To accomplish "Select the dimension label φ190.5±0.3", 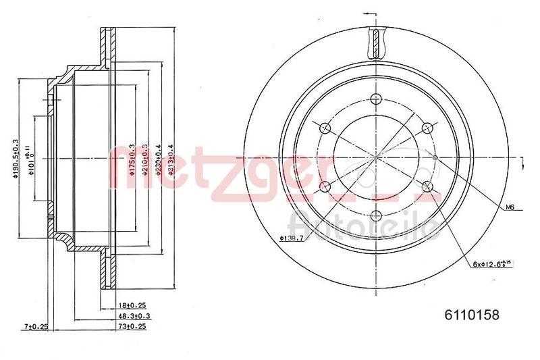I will pos(16,158).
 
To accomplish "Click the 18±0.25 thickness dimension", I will pos(132,305).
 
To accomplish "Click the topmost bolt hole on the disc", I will pos(375,98).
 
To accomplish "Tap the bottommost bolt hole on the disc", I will pos(375,216).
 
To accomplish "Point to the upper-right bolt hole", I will pos(427,128).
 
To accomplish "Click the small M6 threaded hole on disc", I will pos(435,157).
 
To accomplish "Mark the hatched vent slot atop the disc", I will pos(375,43).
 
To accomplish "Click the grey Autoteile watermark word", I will pos(361,224).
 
